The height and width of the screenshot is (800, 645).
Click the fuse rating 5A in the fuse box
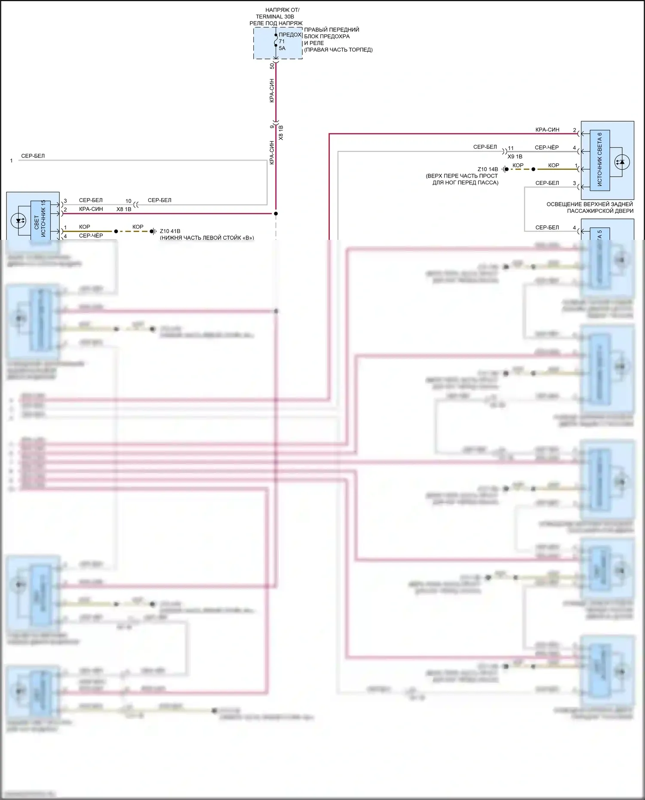point(282,48)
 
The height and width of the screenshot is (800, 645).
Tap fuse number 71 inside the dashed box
point(282,41)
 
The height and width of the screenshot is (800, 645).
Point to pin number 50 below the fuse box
point(272,66)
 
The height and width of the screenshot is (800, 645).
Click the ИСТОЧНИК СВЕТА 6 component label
point(599,159)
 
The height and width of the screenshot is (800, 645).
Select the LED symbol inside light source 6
point(621,162)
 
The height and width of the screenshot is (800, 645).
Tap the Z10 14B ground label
point(488,169)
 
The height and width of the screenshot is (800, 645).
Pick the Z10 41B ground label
point(170,231)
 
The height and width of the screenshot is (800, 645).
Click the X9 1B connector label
point(515,156)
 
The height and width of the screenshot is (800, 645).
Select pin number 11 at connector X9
point(511,148)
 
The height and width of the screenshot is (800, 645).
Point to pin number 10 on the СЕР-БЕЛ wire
point(128,201)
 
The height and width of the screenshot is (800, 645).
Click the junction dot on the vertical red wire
point(276,214)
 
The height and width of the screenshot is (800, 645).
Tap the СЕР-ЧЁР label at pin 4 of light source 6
point(547,147)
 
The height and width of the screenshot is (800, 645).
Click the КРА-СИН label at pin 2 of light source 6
point(547,129)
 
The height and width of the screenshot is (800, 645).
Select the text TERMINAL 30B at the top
point(275,16)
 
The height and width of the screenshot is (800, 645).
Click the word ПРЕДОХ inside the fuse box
point(290,34)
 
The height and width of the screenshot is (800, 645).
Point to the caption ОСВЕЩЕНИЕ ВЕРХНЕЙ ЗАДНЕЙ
point(590,204)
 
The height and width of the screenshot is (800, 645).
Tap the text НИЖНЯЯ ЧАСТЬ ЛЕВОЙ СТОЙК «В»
point(207,238)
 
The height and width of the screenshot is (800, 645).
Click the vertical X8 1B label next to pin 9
point(281,132)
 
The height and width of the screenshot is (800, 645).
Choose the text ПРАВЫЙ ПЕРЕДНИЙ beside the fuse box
point(332,30)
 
